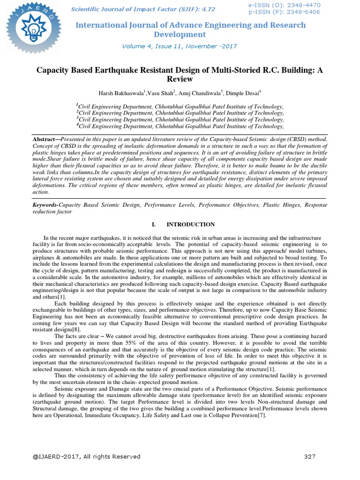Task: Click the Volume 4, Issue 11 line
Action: (x=180, y=46)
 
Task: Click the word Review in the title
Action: (x=180, y=79)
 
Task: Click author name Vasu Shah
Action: (x=160, y=93)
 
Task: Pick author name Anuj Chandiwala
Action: (x=197, y=93)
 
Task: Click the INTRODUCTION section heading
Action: (x=191, y=225)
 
